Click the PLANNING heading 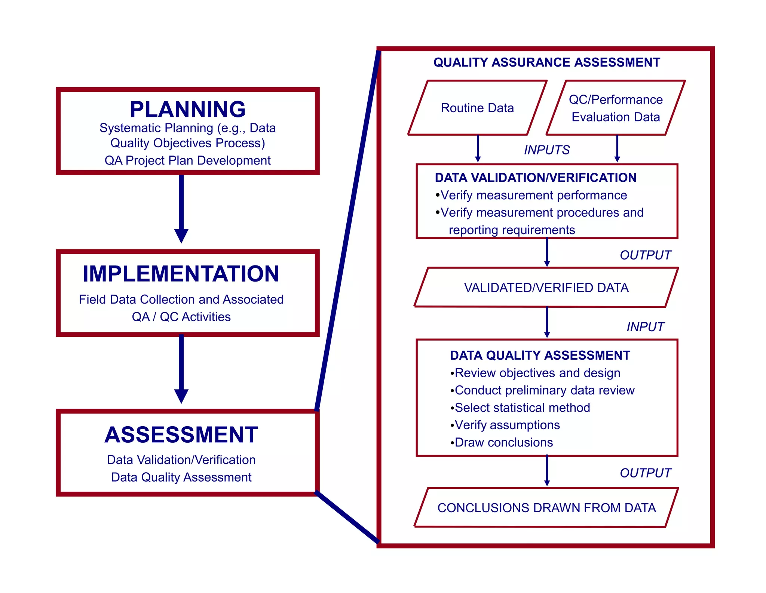click(x=188, y=109)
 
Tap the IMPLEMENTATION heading click(x=181, y=274)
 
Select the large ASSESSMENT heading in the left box click(x=181, y=435)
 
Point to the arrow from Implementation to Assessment click(x=181, y=368)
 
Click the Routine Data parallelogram click(x=477, y=108)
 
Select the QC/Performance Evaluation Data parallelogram click(x=616, y=108)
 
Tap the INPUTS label click(x=546, y=150)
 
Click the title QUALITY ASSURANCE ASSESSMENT click(x=547, y=62)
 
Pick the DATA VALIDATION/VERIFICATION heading click(x=536, y=178)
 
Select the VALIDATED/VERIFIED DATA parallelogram click(x=546, y=288)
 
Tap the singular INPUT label click(x=645, y=327)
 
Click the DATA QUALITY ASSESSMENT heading click(x=540, y=355)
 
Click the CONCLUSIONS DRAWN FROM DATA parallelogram click(x=546, y=508)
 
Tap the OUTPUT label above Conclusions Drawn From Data click(x=645, y=473)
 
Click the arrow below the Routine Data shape click(x=478, y=148)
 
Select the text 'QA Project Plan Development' click(x=187, y=160)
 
